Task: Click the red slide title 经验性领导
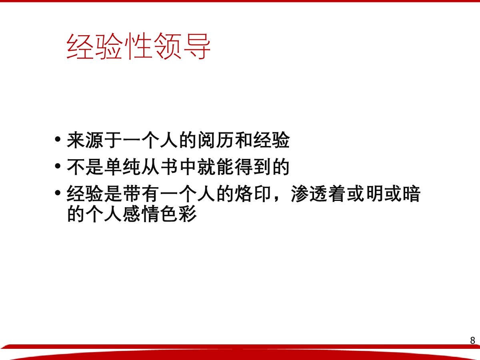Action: coord(138,46)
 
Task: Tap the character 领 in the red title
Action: coord(168,46)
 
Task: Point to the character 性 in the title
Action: coord(138,46)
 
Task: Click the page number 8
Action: coord(472,340)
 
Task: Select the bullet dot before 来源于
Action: coord(58,139)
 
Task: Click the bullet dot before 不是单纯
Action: coord(58,166)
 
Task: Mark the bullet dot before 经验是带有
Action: coord(58,193)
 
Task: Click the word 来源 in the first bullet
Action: coord(85,140)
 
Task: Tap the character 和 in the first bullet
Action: coord(244,140)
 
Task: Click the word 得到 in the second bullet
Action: coord(253,167)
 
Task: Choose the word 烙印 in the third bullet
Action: coord(253,194)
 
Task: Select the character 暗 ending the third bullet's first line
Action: coord(412,194)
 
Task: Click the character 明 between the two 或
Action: coord(374,194)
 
